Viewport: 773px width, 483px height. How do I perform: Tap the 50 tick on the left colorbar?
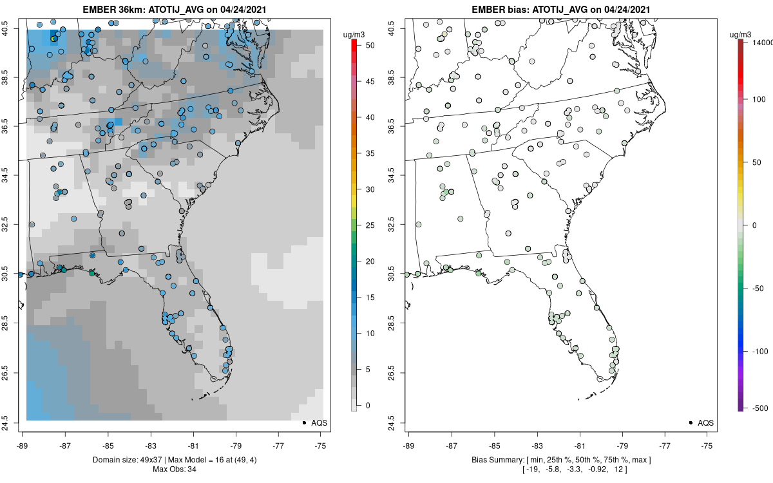point(365,46)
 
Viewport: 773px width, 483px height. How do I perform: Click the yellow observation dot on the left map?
point(53,39)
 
